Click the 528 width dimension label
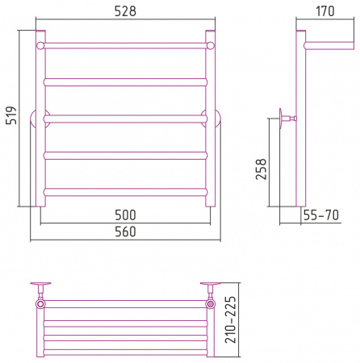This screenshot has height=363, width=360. pyautogui.click(x=125, y=11)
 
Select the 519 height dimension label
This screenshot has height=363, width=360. pyautogui.click(x=11, y=115)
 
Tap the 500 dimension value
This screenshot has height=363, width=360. pyautogui.click(x=125, y=215)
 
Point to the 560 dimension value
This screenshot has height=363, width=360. pyautogui.click(x=125, y=232)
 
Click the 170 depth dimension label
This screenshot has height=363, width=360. pyautogui.click(x=325, y=11)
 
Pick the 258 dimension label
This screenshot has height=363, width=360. pyautogui.click(x=261, y=169)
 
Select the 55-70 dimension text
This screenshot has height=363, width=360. pyautogui.click(x=321, y=215)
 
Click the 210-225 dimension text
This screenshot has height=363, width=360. pyautogui.click(x=231, y=319)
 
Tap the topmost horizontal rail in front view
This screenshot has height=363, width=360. pyautogui.click(x=125, y=45)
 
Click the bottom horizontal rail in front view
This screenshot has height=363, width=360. pyautogui.click(x=125, y=192)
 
